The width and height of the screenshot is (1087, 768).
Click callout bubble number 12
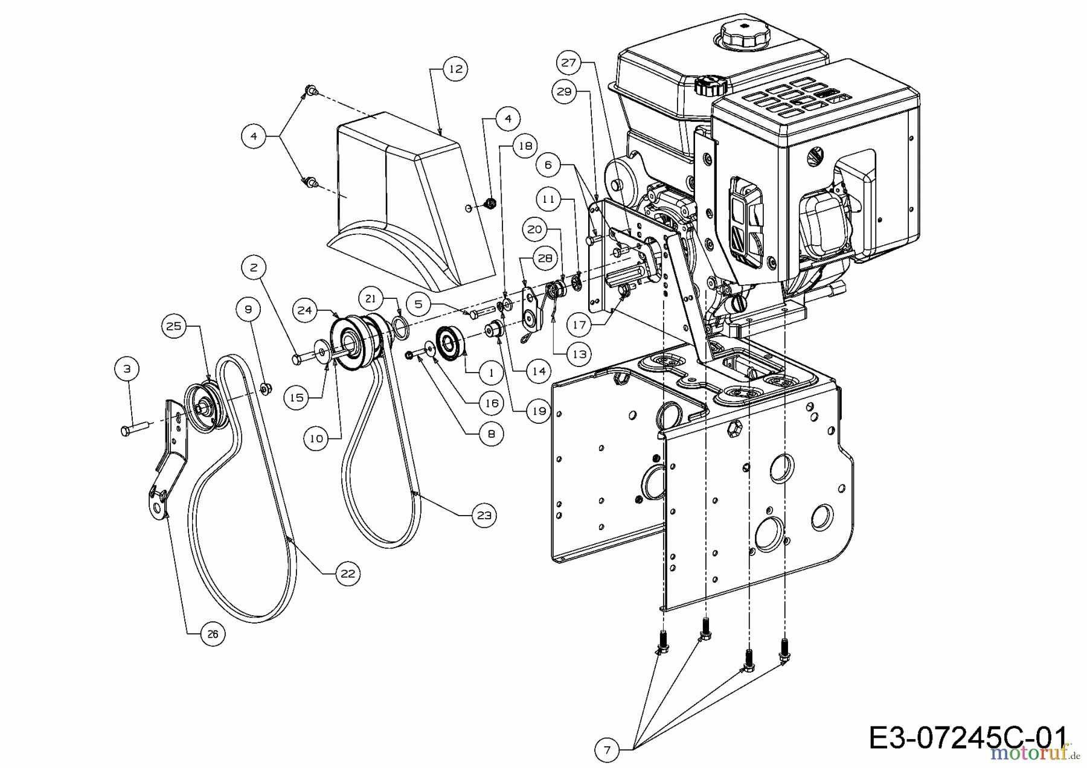[456, 69]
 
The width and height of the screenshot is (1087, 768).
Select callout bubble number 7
[607, 750]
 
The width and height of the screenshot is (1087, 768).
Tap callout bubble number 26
[213, 634]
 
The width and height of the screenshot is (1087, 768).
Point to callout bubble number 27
[569, 62]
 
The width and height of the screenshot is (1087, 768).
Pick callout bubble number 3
[127, 368]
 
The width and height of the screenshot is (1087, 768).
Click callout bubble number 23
[484, 515]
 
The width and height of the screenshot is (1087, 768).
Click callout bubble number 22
[348, 573]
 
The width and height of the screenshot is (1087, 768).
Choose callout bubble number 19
[538, 412]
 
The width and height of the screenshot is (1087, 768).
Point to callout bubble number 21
[371, 298]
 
